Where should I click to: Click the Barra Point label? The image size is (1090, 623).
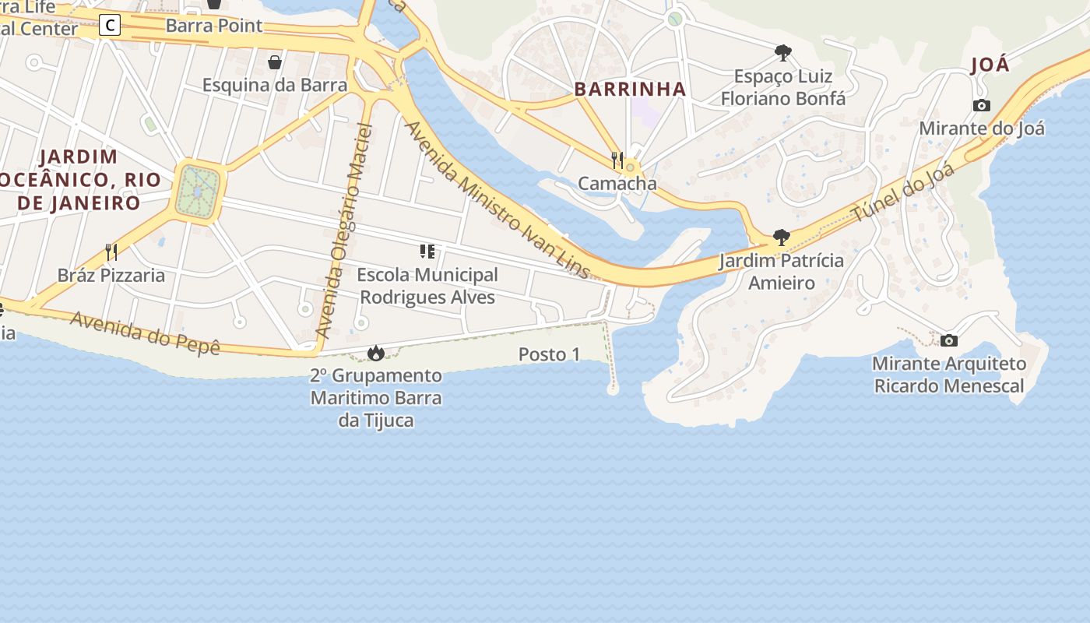pyautogui.click(x=214, y=26)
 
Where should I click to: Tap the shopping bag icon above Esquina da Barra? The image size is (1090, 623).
pyautogui.click(x=275, y=62)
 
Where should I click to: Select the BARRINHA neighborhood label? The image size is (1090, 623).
pyautogui.click(x=631, y=90)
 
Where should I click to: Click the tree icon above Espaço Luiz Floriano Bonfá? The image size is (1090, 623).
pyautogui.click(x=783, y=53)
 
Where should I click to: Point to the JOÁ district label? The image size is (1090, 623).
pyautogui.click(x=990, y=65)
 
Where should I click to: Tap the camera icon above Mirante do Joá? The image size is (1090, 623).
pyautogui.click(x=982, y=105)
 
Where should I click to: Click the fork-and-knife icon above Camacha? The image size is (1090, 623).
pyautogui.click(x=617, y=160)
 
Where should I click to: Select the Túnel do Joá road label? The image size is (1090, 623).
pyautogui.click(x=903, y=192)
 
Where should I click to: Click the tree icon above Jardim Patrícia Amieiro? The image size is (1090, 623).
pyautogui.click(x=781, y=238)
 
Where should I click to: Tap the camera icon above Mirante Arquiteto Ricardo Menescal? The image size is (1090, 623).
pyautogui.click(x=949, y=340)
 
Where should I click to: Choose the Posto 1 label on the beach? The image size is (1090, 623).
pyautogui.click(x=550, y=354)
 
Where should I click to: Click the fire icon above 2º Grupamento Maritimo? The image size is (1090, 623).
pyautogui.click(x=376, y=354)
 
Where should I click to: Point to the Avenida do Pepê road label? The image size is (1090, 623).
pyautogui.click(x=146, y=333)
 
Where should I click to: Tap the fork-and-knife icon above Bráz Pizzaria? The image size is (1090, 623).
pyautogui.click(x=111, y=252)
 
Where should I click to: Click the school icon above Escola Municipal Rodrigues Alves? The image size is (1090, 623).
pyautogui.click(x=427, y=252)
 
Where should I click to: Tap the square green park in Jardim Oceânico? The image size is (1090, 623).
pyautogui.click(x=199, y=192)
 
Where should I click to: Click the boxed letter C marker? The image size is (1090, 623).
pyautogui.click(x=111, y=26)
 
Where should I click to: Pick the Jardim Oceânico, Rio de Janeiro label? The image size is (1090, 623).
pyautogui.click(x=78, y=180)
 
